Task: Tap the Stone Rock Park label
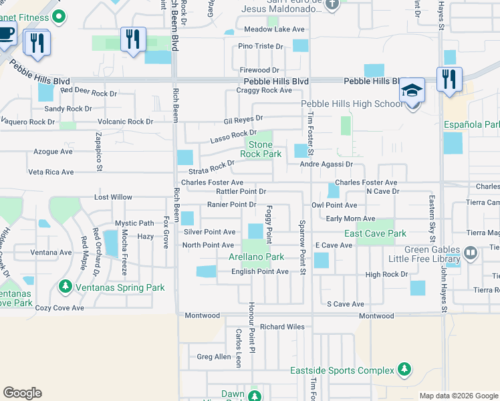tap(261, 149)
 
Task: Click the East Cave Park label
tap(375, 233)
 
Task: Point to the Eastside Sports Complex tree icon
tap(404, 370)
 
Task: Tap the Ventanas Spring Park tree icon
tap(65, 287)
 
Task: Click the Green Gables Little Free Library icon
tap(471, 253)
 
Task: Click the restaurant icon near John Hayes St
tap(449, 78)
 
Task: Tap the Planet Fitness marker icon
tap(59, 15)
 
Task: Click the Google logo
tap(23, 393)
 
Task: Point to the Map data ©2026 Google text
tap(458, 396)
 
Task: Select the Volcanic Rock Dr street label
tap(126, 122)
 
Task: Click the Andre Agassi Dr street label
tap(326, 164)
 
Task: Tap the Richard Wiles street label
tap(282, 327)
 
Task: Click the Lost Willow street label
tap(113, 197)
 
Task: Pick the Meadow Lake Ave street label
tap(273, 29)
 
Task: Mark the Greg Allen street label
tap(214, 357)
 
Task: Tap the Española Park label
tap(472, 125)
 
